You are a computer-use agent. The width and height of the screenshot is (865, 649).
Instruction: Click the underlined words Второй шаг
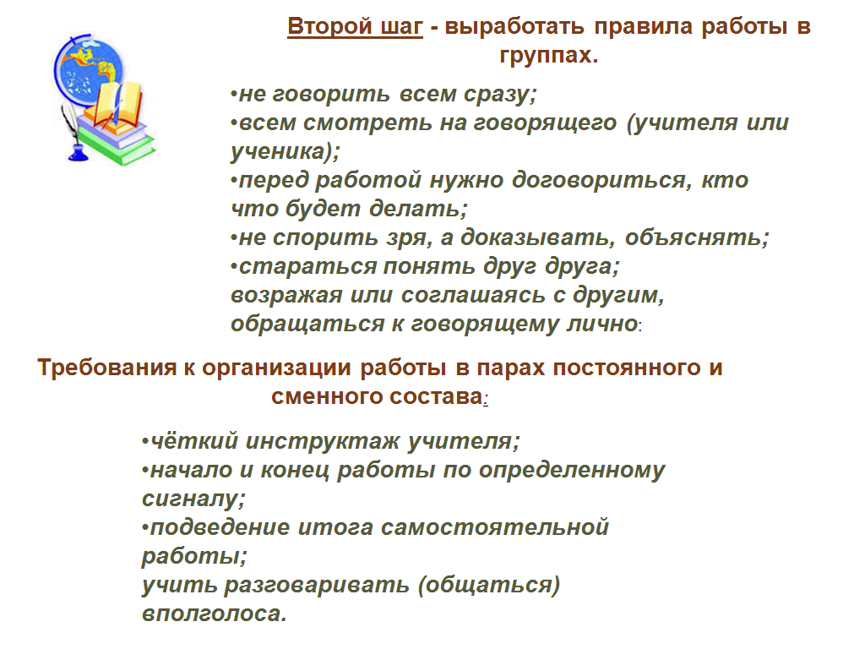tap(356, 26)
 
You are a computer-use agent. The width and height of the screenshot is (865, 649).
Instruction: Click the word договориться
tap(601, 180)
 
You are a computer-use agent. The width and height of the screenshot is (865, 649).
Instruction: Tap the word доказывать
tap(534, 237)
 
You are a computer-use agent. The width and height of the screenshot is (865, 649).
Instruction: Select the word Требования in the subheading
tap(107, 368)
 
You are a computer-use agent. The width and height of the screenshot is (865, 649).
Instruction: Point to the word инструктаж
tap(322, 441)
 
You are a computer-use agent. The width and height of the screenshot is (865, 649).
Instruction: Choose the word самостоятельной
tap(495, 527)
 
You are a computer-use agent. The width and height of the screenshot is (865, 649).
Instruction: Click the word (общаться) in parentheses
tap(489, 585)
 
